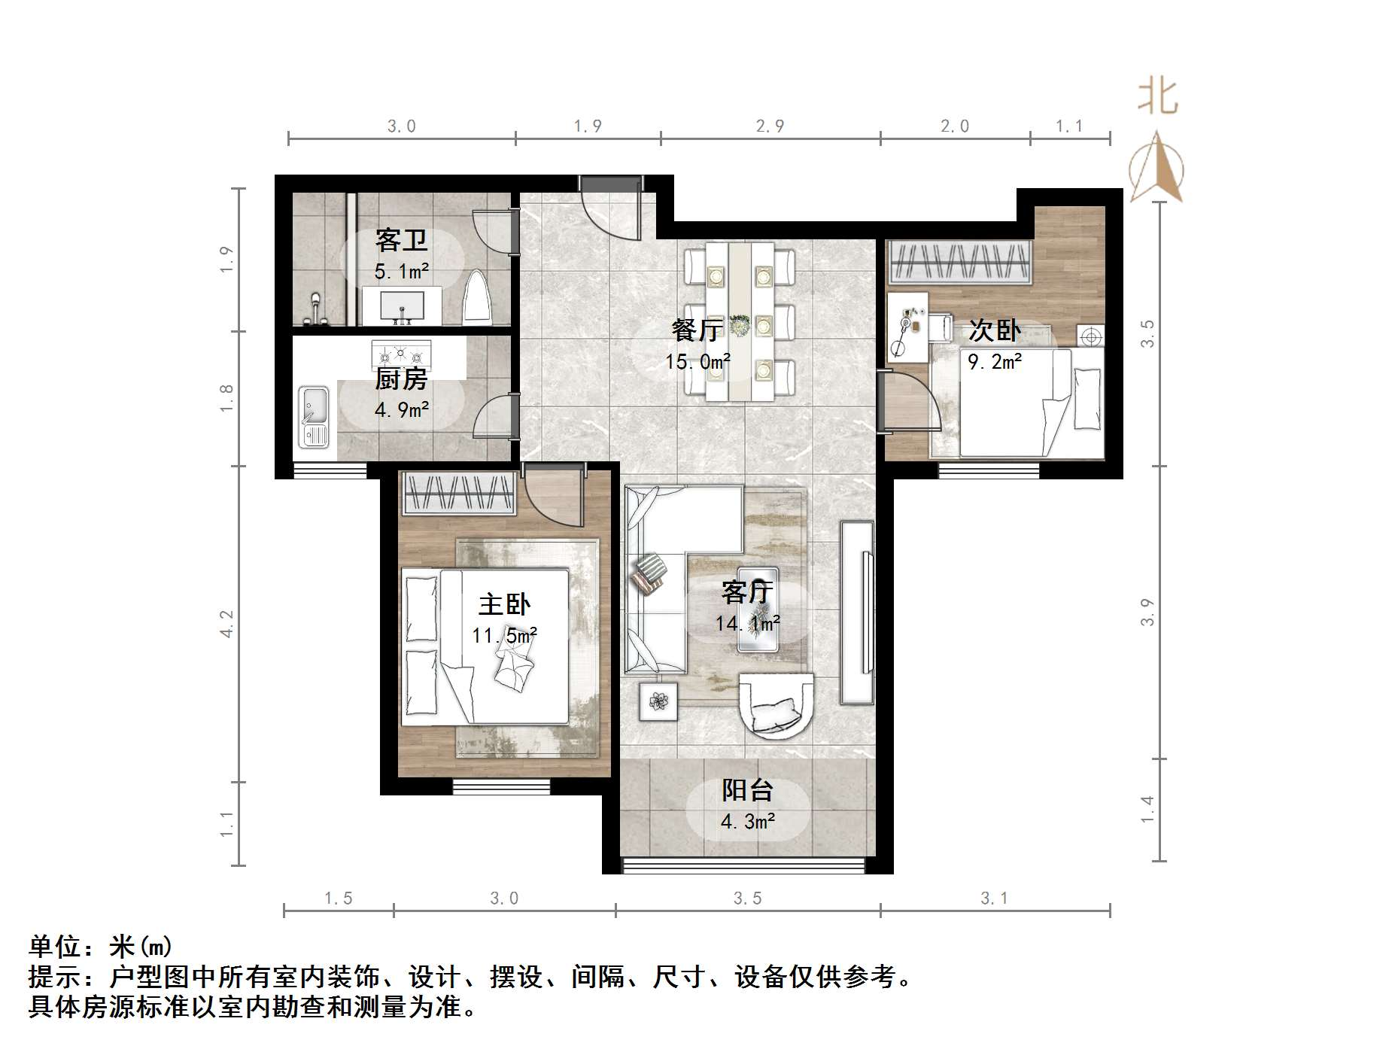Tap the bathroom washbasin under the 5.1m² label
(403, 307)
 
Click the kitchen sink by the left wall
(313, 416)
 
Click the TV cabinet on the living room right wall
(856, 613)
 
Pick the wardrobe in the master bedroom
(458, 494)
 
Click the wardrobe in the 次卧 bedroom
(959, 263)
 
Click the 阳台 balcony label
(747, 790)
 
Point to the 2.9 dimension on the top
(770, 126)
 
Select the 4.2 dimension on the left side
(226, 624)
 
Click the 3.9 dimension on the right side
(1147, 612)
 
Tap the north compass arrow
(1156, 169)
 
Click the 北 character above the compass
(1156, 98)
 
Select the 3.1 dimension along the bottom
(994, 898)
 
